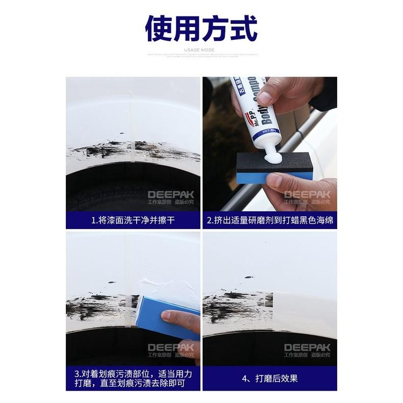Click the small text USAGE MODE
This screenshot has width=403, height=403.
201,50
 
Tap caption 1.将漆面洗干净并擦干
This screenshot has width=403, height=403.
133,221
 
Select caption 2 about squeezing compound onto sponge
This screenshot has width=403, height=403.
270,221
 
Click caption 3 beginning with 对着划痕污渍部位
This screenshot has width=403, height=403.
133,378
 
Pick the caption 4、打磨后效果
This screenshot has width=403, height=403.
270,378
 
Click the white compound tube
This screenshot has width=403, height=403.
254,115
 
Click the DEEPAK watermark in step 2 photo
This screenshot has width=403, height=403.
307,194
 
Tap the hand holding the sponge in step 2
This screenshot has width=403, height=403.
301,189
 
